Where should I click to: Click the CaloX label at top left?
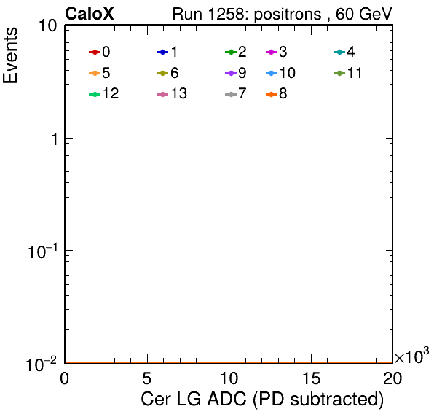click(90, 14)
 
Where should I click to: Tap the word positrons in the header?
click(288, 15)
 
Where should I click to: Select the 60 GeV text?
click(363, 14)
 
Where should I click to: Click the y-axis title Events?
click(10, 55)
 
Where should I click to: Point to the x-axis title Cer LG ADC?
click(194, 399)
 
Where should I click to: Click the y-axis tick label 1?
click(55, 139)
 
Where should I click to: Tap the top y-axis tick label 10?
click(48, 26)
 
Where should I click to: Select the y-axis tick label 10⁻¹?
click(43, 252)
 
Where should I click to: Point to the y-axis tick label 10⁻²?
click(42, 365)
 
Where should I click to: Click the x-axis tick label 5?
click(146, 378)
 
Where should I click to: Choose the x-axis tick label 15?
click(311, 378)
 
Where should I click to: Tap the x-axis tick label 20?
click(392, 378)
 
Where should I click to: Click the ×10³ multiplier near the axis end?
click(412, 356)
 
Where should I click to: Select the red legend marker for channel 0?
click(95, 52)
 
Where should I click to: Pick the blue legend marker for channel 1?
click(163, 52)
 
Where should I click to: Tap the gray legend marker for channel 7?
click(231, 95)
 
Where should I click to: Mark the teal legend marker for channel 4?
click(339, 52)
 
